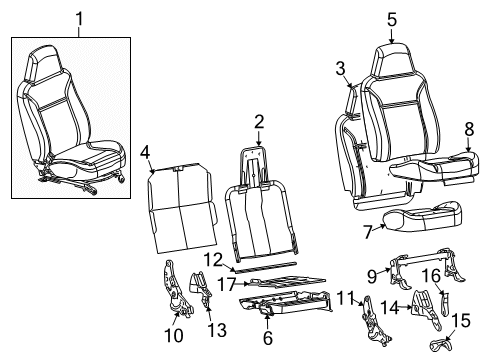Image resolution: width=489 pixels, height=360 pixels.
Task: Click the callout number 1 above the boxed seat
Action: pos(79,19)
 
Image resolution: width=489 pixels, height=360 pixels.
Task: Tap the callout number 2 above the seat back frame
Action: pos(259,122)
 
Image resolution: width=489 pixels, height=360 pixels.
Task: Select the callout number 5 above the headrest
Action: pos(392,20)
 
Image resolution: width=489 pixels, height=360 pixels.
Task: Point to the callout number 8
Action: pos(469,129)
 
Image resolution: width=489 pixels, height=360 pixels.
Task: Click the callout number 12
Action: pos(213,260)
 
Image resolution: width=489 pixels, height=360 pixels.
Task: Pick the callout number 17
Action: pos(227,284)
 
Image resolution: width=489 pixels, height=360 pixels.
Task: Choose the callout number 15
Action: pos(461,320)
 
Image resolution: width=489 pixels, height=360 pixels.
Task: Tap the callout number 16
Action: pos(432,276)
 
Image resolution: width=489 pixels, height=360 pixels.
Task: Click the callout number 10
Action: pos(174,335)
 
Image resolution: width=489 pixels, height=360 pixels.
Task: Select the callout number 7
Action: pos(368,232)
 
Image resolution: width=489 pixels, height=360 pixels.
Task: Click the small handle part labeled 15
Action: pos(440,344)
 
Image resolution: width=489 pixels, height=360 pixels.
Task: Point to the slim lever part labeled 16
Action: pos(445,303)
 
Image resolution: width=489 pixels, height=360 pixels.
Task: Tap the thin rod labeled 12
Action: pos(264,267)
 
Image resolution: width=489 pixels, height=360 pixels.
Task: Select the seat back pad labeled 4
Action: pos(182,208)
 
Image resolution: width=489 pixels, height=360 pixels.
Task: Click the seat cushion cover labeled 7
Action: pos(423,217)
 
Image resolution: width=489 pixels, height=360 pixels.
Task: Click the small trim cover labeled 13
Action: pos(200,288)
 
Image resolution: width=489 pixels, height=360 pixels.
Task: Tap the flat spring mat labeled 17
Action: pos(288,282)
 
